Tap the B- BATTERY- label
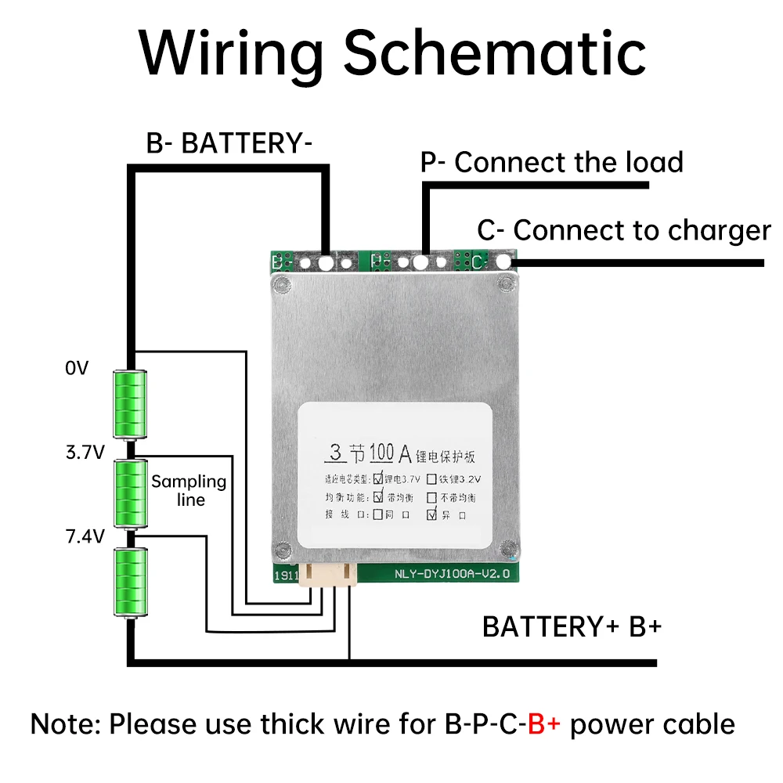pyautogui.click(x=229, y=144)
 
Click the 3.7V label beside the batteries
pyautogui.click(x=85, y=453)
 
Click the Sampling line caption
pyautogui.click(x=189, y=490)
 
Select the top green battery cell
pyautogui.click(x=130, y=403)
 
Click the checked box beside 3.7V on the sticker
pyautogui.click(x=379, y=477)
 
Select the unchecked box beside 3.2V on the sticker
pyautogui.click(x=431, y=477)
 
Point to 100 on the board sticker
pyautogui.click(x=375, y=453)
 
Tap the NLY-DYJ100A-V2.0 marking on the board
pyautogui.click(x=451, y=574)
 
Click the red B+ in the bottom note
pyautogui.click(x=544, y=724)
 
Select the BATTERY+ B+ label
pyautogui.click(x=572, y=626)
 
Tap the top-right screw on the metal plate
pyautogui.click(x=505, y=283)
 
